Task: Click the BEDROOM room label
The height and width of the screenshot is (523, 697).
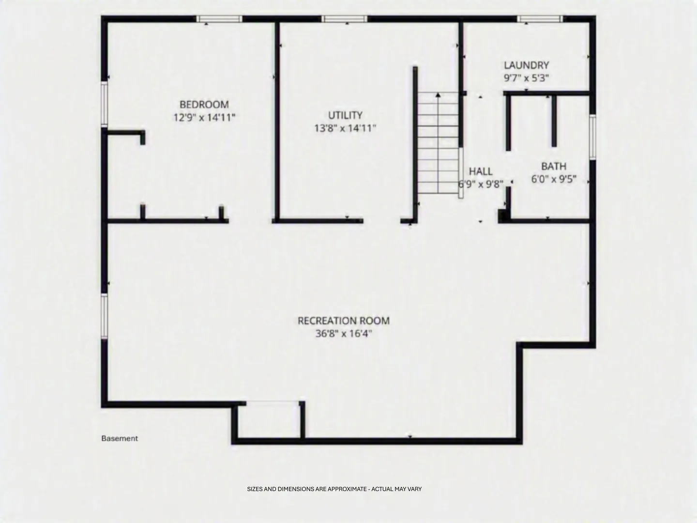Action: click(204, 105)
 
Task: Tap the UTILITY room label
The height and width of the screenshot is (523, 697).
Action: click(345, 115)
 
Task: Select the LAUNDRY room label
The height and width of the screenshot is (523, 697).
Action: click(527, 65)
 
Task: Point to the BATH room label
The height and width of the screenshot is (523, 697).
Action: click(553, 166)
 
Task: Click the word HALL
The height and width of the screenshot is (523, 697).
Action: click(481, 171)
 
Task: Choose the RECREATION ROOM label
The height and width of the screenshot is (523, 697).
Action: click(344, 321)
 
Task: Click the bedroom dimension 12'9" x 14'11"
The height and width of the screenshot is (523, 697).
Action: click(204, 118)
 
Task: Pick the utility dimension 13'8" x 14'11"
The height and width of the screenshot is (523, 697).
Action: click(345, 128)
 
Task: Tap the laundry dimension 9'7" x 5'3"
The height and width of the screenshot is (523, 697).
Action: click(527, 78)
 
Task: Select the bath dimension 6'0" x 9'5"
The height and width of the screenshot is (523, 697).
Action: click(554, 179)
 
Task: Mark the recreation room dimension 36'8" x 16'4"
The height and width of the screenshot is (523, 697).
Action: click(344, 334)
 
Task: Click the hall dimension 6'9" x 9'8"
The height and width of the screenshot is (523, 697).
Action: click(481, 184)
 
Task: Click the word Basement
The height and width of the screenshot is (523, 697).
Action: click(120, 438)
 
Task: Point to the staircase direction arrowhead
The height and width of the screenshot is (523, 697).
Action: click(438, 94)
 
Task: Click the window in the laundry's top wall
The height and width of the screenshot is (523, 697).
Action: click(540, 19)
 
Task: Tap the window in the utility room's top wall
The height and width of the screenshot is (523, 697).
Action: click(345, 19)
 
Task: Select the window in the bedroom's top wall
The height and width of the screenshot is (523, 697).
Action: click(219, 19)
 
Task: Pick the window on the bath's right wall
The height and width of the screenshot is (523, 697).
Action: click(592, 137)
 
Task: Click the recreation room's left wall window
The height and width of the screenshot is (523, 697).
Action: click(104, 316)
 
